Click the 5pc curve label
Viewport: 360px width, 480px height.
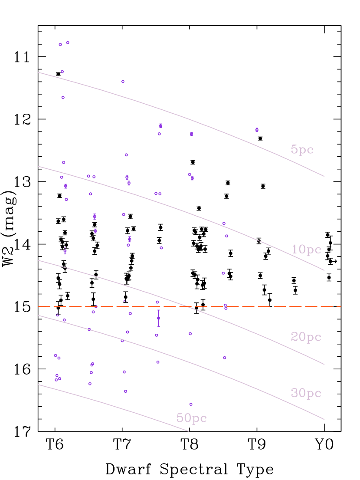pos(302,150)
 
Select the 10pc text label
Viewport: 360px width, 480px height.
pos(306,250)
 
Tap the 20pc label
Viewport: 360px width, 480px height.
pos(306,337)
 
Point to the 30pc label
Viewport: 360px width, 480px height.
pos(306,393)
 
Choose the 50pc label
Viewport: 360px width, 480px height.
pos(191,418)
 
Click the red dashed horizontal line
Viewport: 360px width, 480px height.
pos(282,306)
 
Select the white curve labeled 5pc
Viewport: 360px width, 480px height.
pos(173,114)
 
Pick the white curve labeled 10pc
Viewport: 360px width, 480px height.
pos(173,207)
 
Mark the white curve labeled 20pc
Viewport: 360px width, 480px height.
pos(130,286)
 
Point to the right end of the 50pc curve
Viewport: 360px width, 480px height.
pos(188,431)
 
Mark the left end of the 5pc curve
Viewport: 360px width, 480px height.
pos(39,72)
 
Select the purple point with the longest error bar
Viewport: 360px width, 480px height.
pos(159,318)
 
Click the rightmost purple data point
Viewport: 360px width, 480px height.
pos(257,130)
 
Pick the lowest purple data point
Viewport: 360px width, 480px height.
pos(191,404)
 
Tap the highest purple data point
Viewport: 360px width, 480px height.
pos(68,43)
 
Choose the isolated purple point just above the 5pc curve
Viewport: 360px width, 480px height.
pos(123,81)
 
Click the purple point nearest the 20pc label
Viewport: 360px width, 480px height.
pos(225,358)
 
